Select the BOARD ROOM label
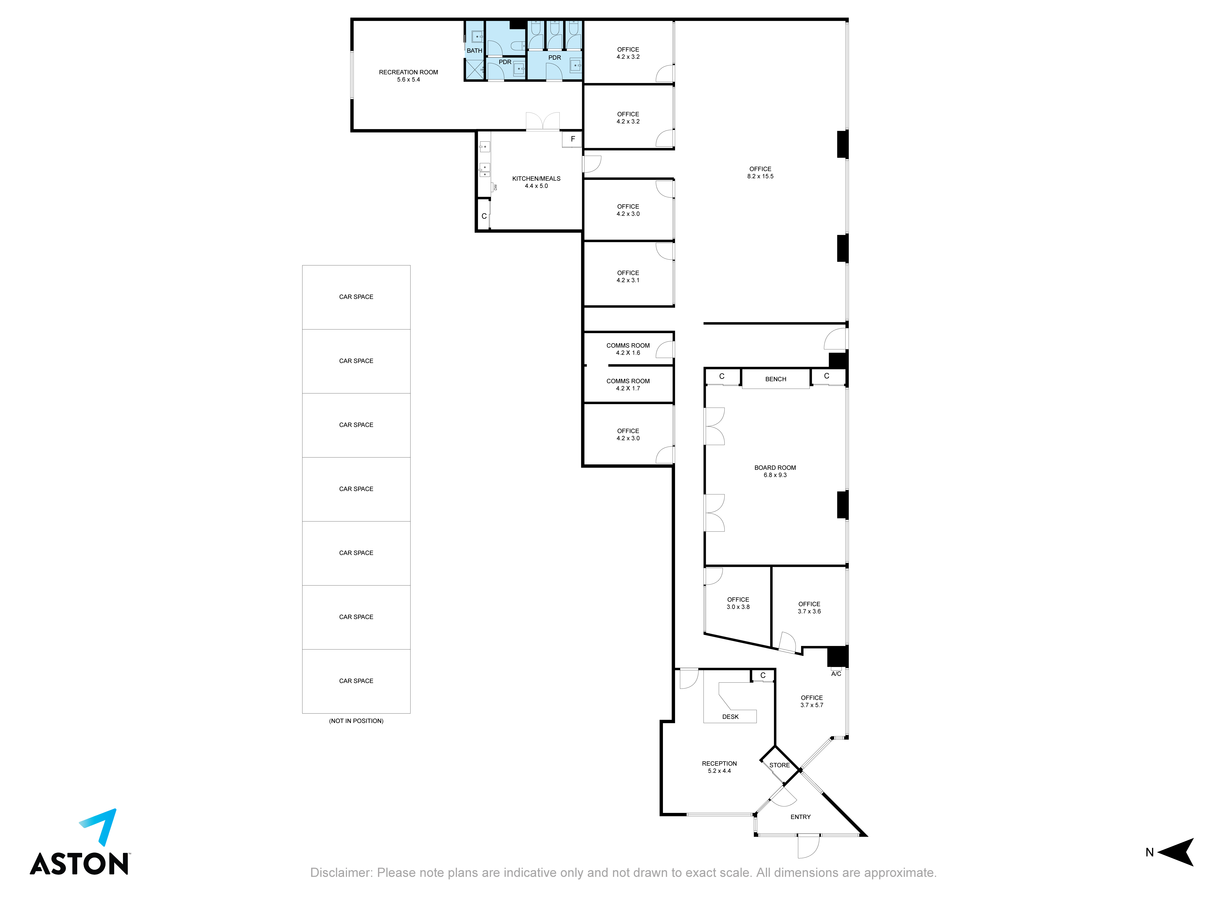click(x=775, y=471)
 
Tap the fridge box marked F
click(x=572, y=140)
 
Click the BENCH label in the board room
click(x=776, y=379)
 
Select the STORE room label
click(x=780, y=765)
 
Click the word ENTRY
click(x=800, y=817)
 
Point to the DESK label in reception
click(x=730, y=717)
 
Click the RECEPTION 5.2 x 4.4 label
click(x=719, y=767)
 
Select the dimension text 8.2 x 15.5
click(x=760, y=176)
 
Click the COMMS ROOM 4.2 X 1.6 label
click(x=628, y=349)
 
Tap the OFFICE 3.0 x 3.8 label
click(x=738, y=603)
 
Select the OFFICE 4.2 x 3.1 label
click(x=628, y=276)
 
